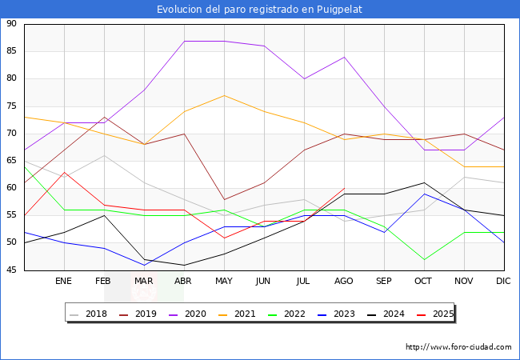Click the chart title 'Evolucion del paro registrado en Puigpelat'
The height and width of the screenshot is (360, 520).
[x=260, y=9]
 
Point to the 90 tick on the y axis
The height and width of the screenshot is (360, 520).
[x=11, y=24]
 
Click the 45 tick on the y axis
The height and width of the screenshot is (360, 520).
[x=11, y=270]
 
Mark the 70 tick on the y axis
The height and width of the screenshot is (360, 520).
[x=11, y=134]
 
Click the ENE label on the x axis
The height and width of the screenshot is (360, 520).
[x=64, y=282]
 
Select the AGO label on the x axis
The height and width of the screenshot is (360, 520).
[x=344, y=282]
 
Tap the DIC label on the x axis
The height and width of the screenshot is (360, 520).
[x=503, y=282]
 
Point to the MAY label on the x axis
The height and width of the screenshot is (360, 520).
[x=224, y=282]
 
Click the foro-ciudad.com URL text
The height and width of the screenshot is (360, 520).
[x=458, y=347]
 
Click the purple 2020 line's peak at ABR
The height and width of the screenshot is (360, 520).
[x=184, y=41]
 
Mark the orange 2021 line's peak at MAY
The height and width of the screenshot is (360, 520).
[x=224, y=95]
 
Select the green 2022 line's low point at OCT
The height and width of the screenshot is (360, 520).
[x=424, y=259]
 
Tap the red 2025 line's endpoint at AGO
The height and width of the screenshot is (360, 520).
[x=344, y=188]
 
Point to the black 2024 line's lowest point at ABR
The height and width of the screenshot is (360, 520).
[x=184, y=265]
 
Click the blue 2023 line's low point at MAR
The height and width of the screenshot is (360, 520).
[x=144, y=265]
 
